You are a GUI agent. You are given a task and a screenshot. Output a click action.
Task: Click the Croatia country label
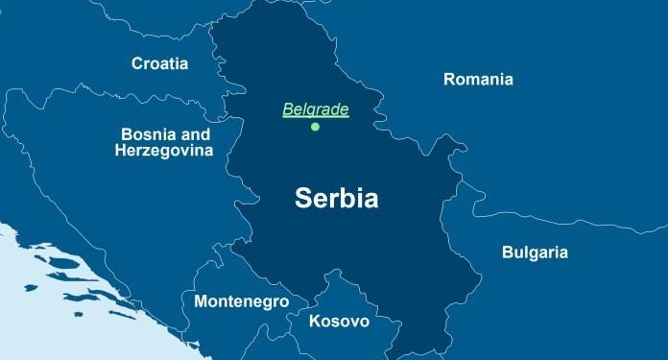click(x=159, y=63)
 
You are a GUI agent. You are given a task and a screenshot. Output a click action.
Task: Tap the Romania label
click(x=478, y=79)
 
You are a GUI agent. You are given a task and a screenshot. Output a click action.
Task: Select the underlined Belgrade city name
click(x=315, y=109)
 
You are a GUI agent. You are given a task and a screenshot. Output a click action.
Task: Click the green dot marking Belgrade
click(x=315, y=127)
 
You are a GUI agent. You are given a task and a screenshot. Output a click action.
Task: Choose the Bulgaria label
click(x=535, y=253)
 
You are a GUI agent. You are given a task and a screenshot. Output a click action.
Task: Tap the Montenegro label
click(x=241, y=301)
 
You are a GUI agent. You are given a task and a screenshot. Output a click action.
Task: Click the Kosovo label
click(x=339, y=321)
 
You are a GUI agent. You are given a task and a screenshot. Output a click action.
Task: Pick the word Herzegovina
click(x=164, y=151)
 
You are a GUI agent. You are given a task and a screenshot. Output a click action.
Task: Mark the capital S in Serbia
click(x=302, y=199)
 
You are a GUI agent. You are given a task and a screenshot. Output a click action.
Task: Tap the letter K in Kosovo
click(x=315, y=321)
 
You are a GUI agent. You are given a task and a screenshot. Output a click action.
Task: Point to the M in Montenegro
click(x=201, y=301)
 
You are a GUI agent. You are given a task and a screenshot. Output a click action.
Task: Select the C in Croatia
click(x=137, y=63)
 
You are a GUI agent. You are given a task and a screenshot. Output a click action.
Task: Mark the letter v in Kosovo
click(x=352, y=322)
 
